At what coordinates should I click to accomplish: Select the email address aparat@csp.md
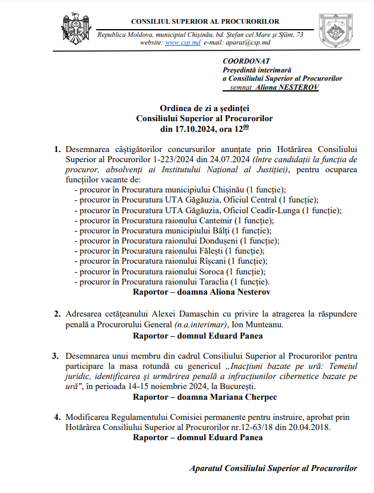(248, 43)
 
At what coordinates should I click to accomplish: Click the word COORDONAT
(246, 61)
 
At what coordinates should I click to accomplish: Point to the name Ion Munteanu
(258, 325)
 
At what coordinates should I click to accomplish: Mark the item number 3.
(55, 356)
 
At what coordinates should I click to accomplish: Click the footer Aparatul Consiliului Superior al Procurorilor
(274, 468)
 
